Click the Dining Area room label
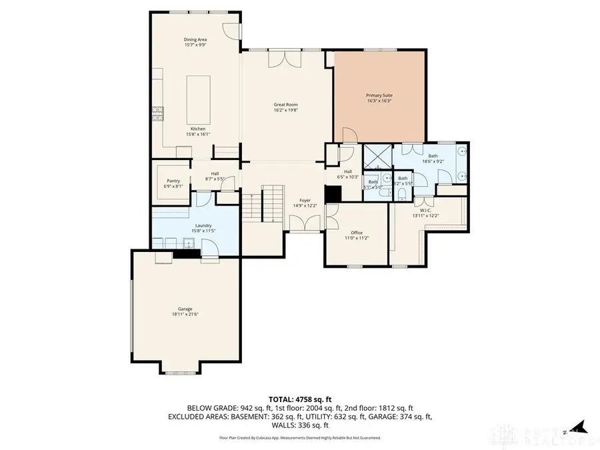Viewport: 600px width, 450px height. point(195,42)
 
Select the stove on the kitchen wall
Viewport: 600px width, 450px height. point(158,114)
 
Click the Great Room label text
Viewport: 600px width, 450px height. point(285,107)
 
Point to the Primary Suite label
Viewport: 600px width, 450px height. point(378,98)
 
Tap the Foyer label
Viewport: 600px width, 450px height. point(305,203)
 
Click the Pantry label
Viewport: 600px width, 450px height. point(173,183)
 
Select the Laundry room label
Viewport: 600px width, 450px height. point(203,227)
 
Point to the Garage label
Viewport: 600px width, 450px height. point(185,311)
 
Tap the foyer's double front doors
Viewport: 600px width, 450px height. point(306,224)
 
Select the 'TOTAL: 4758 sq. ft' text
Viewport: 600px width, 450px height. point(300,399)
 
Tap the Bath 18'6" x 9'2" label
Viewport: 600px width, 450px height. point(432,158)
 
